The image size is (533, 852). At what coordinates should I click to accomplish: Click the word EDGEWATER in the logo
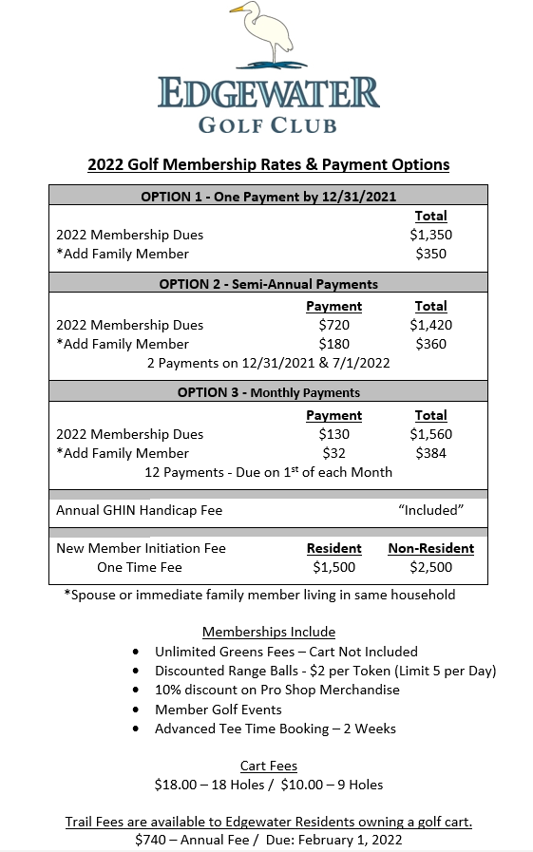(x=269, y=94)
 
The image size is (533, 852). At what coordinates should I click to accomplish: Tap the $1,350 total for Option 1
(x=430, y=235)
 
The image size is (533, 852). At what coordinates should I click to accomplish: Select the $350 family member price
(x=430, y=254)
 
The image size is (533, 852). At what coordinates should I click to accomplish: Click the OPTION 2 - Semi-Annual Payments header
(x=268, y=284)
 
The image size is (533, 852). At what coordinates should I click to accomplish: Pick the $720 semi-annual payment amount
(x=333, y=325)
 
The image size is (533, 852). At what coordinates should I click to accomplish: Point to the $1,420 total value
(x=430, y=325)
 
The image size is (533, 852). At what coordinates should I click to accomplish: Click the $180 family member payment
(x=333, y=344)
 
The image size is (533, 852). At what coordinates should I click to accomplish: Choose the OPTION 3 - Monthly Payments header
(x=268, y=392)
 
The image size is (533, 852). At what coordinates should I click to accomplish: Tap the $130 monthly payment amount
(x=333, y=434)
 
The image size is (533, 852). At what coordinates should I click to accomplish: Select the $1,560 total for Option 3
(x=430, y=434)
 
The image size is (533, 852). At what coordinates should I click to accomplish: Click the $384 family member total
(x=430, y=453)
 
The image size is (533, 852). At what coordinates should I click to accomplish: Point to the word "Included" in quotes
(x=430, y=510)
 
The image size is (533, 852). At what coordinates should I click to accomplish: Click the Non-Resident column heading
(x=430, y=548)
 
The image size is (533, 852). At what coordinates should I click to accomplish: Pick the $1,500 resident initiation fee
(x=333, y=567)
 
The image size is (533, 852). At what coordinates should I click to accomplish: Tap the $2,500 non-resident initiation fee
(x=430, y=567)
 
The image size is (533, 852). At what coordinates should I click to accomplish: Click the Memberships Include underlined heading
(x=268, y=632)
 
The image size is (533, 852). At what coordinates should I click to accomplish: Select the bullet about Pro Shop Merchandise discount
(x=277, y=690)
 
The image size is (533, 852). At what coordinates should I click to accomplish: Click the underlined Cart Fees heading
(x=268, y=766)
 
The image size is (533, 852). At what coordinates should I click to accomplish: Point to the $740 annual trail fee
(x=150, y=840)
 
